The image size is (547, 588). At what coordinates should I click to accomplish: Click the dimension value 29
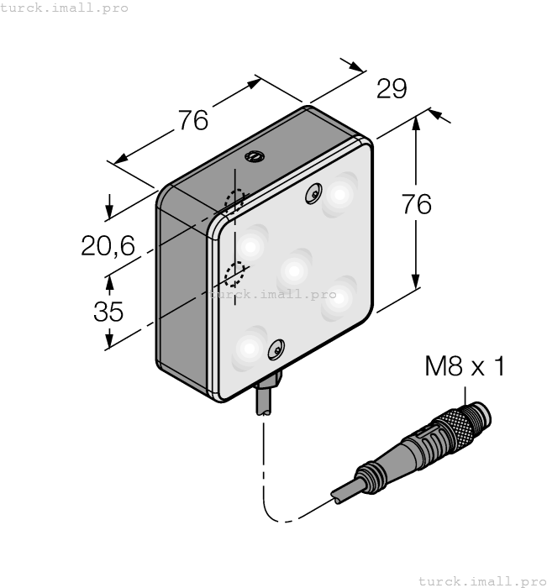tap(392, 88)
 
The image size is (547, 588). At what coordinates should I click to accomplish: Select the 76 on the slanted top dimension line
tap(192, 121)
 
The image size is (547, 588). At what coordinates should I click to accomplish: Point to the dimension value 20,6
tap(108, 246)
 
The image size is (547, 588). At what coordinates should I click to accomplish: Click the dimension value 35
tap(108, 312)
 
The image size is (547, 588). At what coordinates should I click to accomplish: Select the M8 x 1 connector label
tap(465, 366)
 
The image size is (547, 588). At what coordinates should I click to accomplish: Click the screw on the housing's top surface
tap(253, 155)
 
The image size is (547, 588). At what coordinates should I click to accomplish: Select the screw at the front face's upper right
tap(314, 193)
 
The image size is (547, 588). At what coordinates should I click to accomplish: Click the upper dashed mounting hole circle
tap(234, 200)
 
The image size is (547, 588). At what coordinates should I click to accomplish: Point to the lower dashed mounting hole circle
tap(236, 273)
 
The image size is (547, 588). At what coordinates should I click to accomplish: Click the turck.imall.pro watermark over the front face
tap(272, 294)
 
